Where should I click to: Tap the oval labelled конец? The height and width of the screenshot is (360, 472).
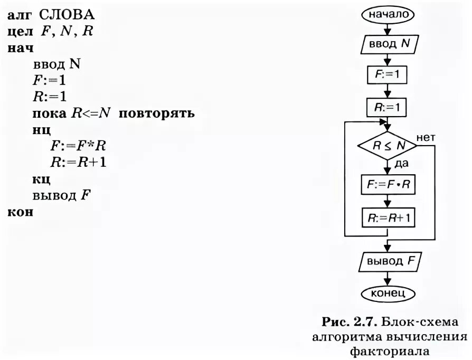click(388, 292)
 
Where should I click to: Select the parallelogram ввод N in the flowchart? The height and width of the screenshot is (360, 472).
click(388, 45)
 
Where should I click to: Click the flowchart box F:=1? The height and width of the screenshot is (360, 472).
click(388, 76)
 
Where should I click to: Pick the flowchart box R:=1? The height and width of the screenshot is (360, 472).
click(388, 109)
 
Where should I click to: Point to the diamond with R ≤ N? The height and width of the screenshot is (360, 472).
click(388, 146)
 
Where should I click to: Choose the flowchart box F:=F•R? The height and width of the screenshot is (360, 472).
click(388, 185)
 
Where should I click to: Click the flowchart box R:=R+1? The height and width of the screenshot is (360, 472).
click(388, 217)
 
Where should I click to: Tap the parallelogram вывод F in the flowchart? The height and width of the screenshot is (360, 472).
click(388, 261)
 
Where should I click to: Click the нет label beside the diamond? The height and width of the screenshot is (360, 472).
click(426, 137)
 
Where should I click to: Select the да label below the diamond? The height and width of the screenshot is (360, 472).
click(402, 164)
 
